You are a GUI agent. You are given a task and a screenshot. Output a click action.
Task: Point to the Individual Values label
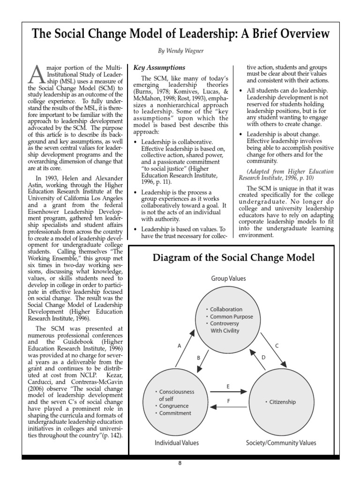point(177,442)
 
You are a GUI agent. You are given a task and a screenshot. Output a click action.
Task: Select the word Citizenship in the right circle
point(282,402)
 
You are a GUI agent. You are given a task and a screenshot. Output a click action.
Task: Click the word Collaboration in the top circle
point(226,309)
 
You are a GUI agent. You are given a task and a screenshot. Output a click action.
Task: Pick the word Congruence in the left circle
point(173,406)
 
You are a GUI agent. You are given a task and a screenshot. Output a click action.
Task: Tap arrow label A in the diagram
point(179,346)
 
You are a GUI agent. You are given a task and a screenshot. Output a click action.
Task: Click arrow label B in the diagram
point(198,358)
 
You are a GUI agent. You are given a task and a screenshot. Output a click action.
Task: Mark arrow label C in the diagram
point(277,346)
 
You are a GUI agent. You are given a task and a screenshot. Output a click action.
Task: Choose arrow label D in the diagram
point(263,358)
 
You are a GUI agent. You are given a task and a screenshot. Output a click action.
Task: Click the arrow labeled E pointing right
point(228,390)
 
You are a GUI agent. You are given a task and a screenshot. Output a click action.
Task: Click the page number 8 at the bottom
point(180,464)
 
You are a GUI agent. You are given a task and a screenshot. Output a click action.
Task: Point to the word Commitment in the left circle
point(175,413)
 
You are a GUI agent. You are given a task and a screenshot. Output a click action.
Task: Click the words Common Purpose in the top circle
point(231,316)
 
